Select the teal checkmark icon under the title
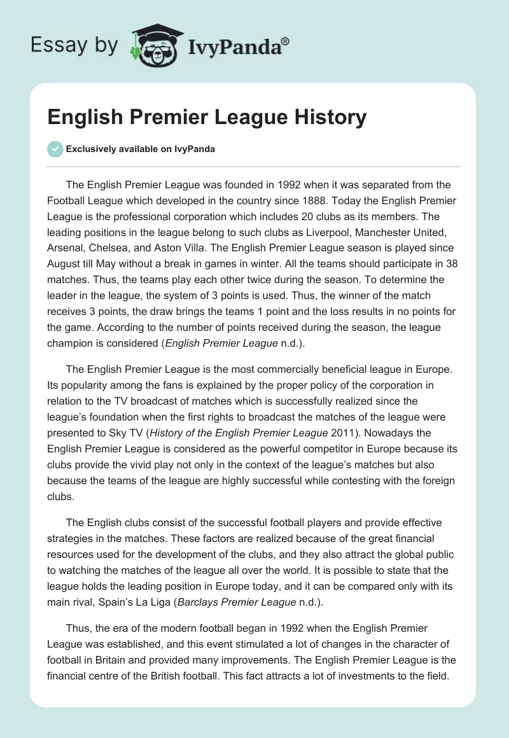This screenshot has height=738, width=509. click(55, 149)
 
